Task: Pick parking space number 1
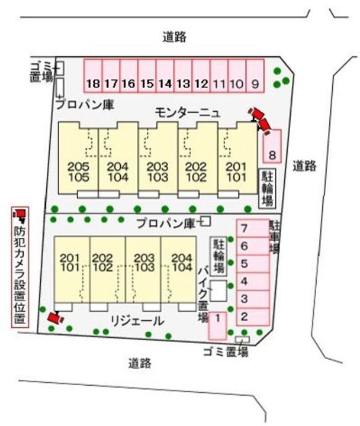pyautogui.click(x=218, y=324)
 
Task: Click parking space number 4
pyautogui.click(x=244, y=281)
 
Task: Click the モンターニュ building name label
pyautogui.click(x=188, y=111)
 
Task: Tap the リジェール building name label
pyautogui.click(x=137, y=321)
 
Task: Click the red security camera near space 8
pyautogui.click(x=261, y=119)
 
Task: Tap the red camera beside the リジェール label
pyautogui.click(x=55, y=318)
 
